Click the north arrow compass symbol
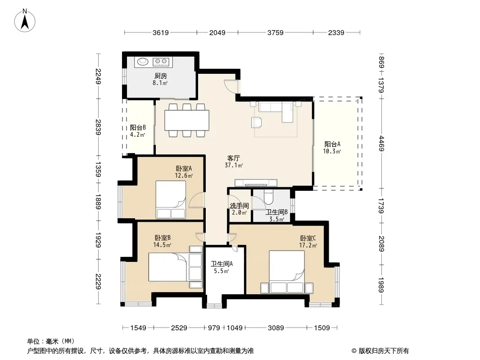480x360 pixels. (25, 21)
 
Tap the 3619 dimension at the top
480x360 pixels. (160, 33)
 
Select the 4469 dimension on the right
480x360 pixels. (381, 143)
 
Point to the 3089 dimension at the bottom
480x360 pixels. (276, 328)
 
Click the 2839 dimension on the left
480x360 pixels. (98, 127)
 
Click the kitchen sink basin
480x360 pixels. (143, 62)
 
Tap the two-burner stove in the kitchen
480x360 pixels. (161, 62)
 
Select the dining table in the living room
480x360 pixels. (187, 120)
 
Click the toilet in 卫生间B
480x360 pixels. (268, 197)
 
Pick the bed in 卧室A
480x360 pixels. (171, 199)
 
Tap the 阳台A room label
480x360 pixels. (332, 144)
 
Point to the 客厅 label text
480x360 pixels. (233, 158)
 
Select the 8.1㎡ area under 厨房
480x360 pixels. (160, 83)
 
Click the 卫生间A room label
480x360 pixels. (222, 264)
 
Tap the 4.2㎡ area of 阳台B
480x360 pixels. (137, 135)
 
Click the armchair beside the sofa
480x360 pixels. (257, 122)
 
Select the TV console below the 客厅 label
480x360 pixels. (256, 183)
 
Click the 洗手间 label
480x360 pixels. (239, 206)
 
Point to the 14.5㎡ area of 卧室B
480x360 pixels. (162, 245)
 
